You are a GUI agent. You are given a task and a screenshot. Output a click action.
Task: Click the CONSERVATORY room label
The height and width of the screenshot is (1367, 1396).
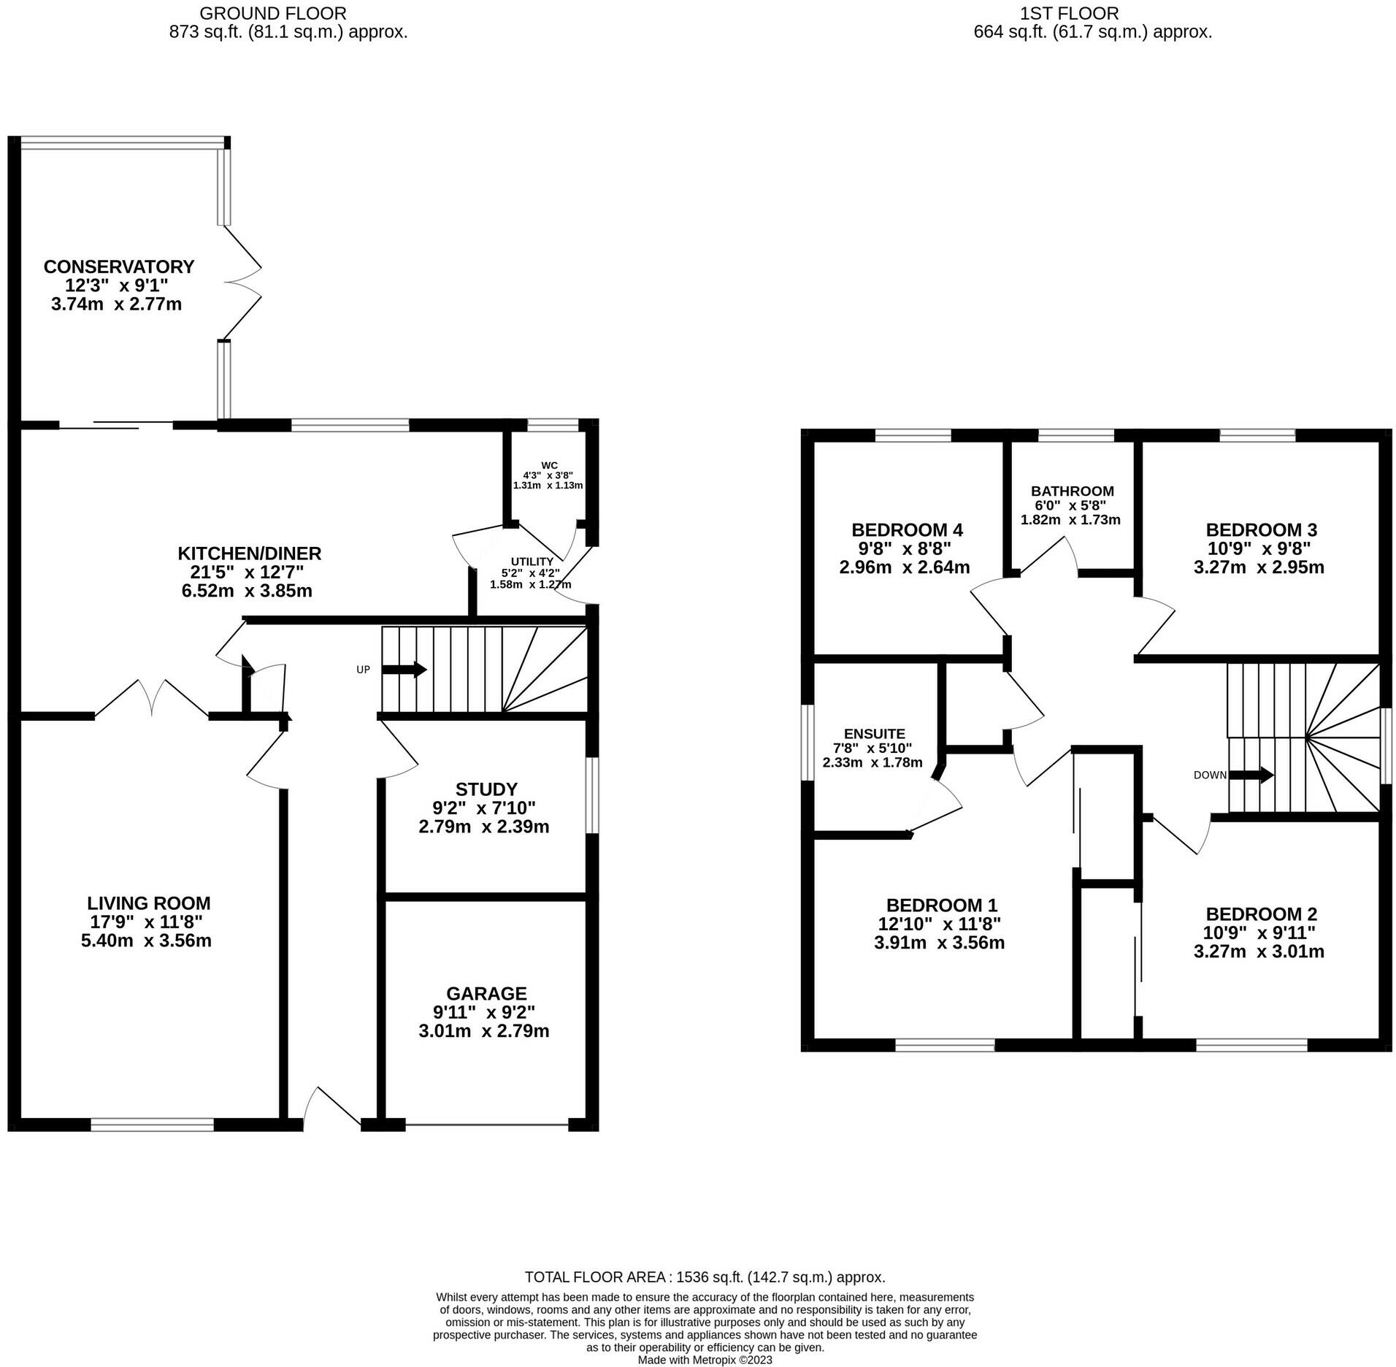119,267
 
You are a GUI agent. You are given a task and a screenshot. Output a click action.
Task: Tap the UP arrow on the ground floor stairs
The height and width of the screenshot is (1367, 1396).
404,669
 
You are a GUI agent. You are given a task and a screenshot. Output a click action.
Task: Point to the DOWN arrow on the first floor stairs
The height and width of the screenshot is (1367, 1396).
1251,775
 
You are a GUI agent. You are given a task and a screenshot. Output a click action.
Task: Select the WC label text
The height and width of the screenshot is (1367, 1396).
549,465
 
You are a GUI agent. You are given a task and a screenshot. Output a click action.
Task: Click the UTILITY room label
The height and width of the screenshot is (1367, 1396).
532,562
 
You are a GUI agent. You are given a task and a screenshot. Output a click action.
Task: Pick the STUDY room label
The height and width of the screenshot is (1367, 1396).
486,789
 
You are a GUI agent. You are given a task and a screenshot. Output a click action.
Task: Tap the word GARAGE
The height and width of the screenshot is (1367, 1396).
486,993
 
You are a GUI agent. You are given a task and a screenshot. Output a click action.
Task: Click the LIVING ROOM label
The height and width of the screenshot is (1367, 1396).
148,903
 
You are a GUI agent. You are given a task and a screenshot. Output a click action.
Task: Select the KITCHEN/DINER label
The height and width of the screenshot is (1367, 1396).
250,553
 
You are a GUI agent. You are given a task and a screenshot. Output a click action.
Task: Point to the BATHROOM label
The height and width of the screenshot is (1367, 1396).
1072,491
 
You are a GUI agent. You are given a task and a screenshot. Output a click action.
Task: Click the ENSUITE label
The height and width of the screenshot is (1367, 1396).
874,734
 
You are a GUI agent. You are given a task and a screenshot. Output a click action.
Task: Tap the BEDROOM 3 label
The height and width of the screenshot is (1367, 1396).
1261,529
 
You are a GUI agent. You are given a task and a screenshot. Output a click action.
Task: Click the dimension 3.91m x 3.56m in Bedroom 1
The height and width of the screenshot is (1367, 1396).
939,943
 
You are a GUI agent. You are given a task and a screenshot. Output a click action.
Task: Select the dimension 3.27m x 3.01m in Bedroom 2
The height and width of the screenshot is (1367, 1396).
1259,951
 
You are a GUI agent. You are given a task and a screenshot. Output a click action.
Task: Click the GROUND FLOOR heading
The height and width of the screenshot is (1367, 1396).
273,13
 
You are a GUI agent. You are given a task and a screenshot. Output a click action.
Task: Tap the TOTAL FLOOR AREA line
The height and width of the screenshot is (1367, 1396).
705,1277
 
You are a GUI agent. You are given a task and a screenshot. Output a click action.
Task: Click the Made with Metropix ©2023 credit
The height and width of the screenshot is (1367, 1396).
705,1360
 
